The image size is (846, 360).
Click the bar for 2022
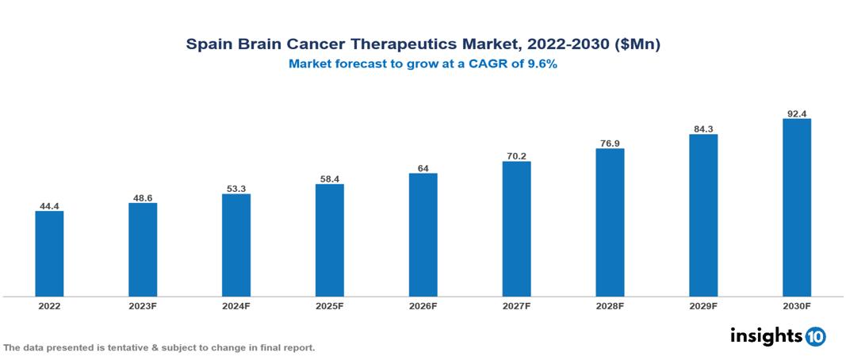click(49, 254)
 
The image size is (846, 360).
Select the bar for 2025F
click(329, 240)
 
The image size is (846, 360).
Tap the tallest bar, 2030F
click(796, 208)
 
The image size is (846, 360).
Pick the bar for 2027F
click(516, 229)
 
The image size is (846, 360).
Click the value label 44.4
click(49, 206)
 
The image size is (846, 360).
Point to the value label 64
click(423, 168)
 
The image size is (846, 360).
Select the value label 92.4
click(796, 113)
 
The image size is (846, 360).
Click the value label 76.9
click(610, 144)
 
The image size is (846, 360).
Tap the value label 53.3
click(236, 189)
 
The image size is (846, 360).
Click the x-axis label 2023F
click(143, 305)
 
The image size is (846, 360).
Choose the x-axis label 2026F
click(423, 305)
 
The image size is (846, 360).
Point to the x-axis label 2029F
click(703, 305)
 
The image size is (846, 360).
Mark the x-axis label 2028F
click(610, 305)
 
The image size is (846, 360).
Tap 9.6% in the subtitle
click(540, 64)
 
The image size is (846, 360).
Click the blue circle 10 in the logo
click(815, 336)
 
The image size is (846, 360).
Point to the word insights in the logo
click(765, 335)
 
